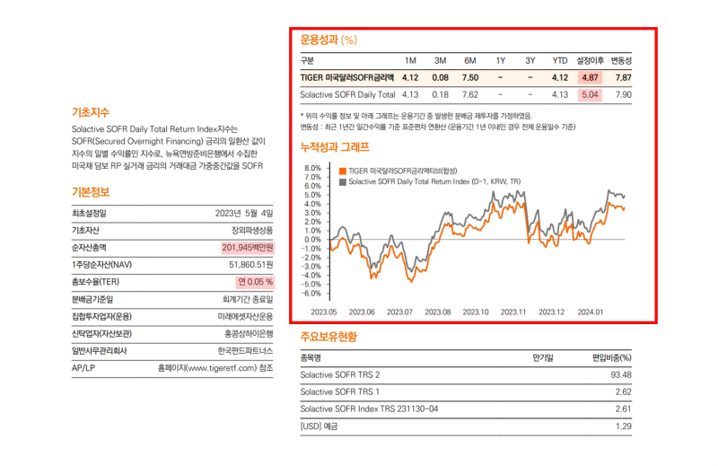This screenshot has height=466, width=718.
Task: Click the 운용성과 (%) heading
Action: (328, 40)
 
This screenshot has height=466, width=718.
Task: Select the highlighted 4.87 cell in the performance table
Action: (590, 77)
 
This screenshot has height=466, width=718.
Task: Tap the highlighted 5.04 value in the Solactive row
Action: (590, 94)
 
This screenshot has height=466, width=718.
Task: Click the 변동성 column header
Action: (621, 60)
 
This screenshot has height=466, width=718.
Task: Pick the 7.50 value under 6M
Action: (469, 77)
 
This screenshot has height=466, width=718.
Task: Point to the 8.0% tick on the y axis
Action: (312, 168)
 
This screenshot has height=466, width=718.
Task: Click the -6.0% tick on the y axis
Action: (311, 294)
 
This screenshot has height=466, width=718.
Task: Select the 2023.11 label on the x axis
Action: (513, 312)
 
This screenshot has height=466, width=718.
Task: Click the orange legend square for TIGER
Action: (342, 170)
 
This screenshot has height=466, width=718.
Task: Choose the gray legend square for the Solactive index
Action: (342, 180)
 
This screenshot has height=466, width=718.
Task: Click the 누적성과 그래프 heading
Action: (334, 146)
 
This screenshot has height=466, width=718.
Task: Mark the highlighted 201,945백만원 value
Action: (247, 247)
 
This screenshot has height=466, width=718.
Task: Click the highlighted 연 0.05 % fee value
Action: (254, 282)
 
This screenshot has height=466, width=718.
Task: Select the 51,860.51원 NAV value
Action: (250, 265)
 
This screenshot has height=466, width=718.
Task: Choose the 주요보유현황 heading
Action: (328, 337)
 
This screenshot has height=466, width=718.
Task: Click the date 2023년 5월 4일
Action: (244, 213)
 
